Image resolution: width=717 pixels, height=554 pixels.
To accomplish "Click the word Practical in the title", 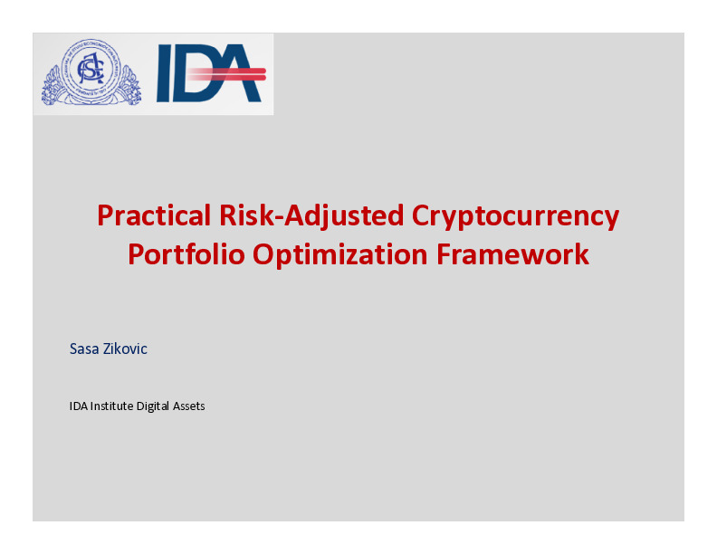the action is point(154,215).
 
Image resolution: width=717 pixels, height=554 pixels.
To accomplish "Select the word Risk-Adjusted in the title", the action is point(311,216).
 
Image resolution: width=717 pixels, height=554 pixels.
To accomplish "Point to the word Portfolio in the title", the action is point(186,254).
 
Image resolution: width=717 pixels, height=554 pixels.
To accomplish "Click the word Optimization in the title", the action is point(340,255).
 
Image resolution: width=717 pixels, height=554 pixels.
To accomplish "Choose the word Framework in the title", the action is point(512,254).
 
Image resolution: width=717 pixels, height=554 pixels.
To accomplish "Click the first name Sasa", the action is point(84,349).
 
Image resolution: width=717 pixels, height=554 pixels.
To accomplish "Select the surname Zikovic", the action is point(125,349).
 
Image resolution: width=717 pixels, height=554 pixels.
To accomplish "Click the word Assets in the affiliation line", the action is point(188,406).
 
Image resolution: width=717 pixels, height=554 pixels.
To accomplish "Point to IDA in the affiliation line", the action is point(78,406).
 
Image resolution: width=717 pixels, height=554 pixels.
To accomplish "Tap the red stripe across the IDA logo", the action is point(227,74).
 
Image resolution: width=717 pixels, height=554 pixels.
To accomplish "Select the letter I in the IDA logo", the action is point(163,73).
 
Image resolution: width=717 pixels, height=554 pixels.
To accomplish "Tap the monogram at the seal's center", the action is point(91,69).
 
